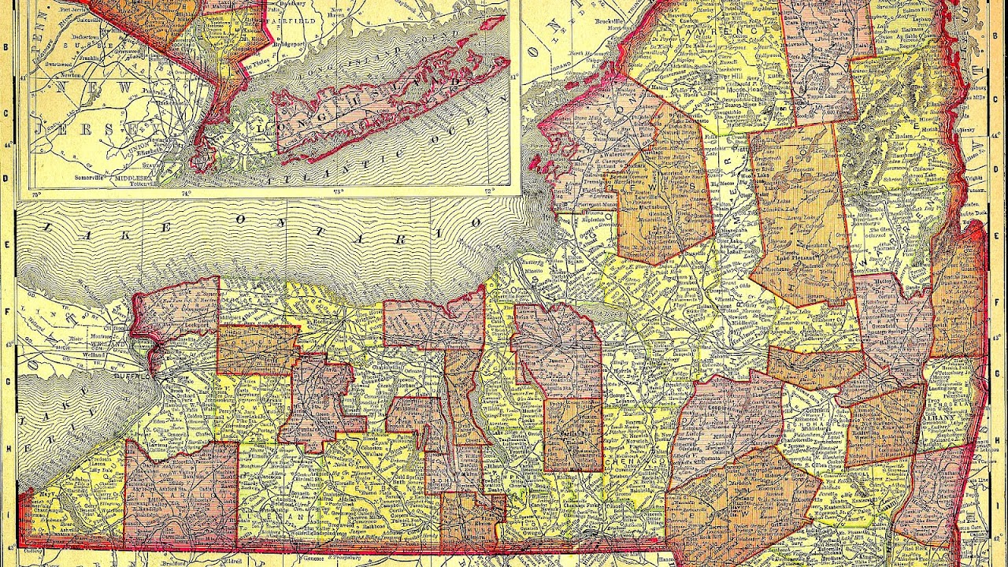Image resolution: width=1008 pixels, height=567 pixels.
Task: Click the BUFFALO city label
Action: pos(133,377)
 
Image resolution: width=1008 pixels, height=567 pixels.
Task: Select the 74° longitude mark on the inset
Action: pos(186,191)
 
